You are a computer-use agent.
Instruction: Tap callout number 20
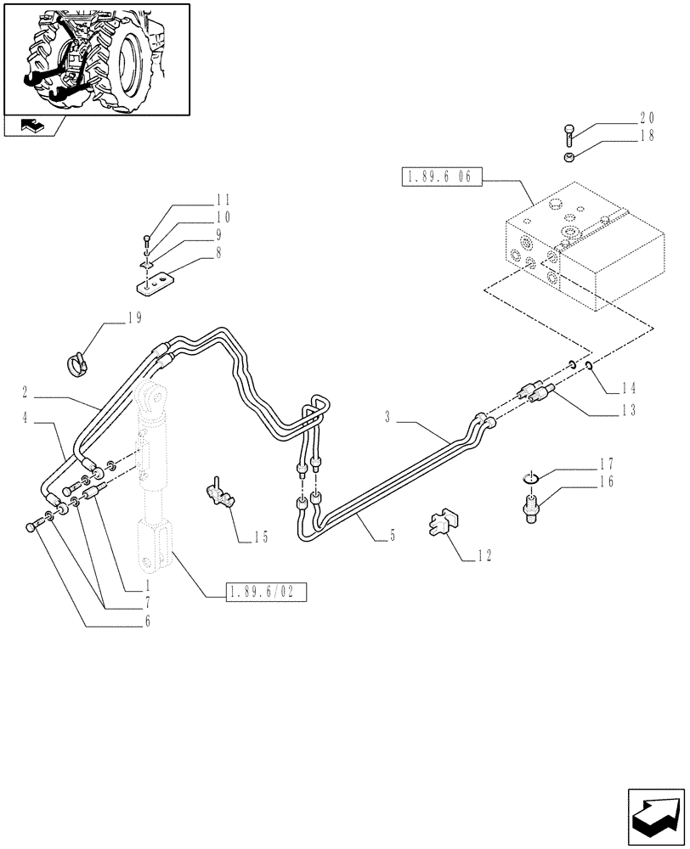(647, 118)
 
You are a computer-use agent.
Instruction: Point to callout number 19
(134, 318)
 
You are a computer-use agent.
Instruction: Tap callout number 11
(223, 200)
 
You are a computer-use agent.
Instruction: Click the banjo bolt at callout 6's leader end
(32, 527)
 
